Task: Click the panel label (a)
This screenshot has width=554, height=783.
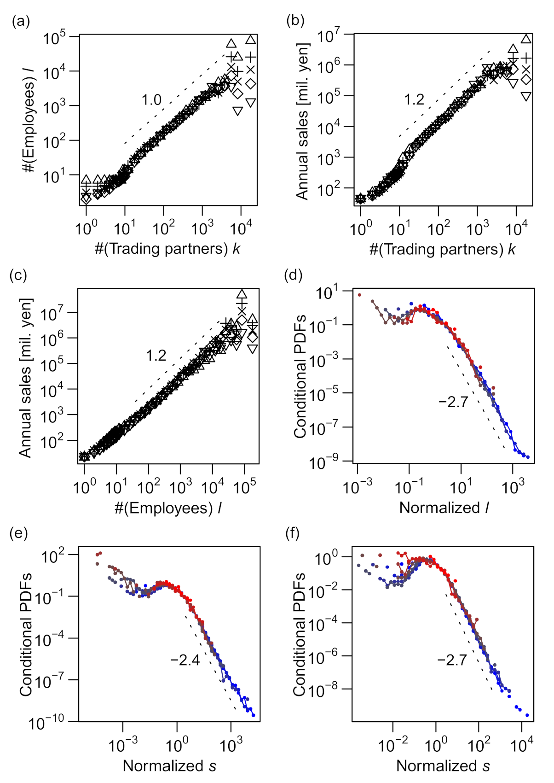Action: [x=21, y=21]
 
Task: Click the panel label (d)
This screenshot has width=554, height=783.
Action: [x=294, y=275]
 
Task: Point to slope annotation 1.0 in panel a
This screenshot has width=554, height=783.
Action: [x=151, y=99]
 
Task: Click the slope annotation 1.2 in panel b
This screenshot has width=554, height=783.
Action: [x=414, y=99]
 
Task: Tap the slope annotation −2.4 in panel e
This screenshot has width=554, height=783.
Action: [x=185, y=660]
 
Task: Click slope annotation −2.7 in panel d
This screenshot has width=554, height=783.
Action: [x=453, y=402]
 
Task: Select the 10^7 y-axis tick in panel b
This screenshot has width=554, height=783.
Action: [x=329, y=36]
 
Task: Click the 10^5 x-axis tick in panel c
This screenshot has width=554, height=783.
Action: [x=245, y=487]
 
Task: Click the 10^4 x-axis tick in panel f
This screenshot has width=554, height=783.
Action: [x=522, y=744]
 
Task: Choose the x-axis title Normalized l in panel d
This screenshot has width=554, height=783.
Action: [x=444, y=508]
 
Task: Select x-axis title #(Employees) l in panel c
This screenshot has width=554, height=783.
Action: [x=168, y=508]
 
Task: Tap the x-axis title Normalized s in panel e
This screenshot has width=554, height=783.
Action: [x=169, y=766]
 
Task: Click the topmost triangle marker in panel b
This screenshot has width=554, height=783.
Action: [x=526, y=39]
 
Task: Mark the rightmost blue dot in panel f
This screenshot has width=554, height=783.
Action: [x=527, y=715]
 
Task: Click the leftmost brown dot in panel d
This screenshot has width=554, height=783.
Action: [x=360, y=295]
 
